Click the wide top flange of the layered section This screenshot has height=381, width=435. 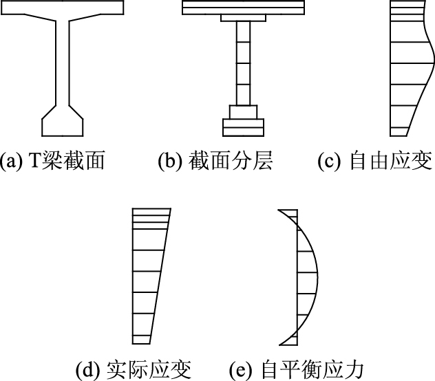tap(243, 7)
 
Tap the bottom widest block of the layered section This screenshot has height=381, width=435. tap(244, 127)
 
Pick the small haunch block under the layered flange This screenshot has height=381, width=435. tap(243, 18)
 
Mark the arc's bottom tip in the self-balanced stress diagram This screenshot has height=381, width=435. tap(279, 344)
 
